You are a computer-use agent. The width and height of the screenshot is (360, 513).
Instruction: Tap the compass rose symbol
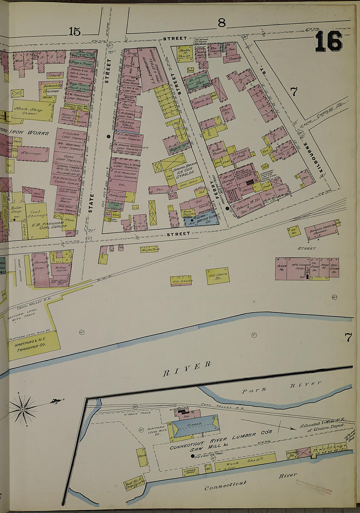click(23, 409)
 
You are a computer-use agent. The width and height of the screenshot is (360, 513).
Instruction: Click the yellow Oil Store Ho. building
click(218, 276)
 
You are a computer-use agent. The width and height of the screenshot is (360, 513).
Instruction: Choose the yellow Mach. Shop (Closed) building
click(32, 110)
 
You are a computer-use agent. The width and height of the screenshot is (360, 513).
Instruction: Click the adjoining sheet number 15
click(75, 31)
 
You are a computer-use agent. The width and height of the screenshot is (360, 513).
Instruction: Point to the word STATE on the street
click(91, 203)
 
